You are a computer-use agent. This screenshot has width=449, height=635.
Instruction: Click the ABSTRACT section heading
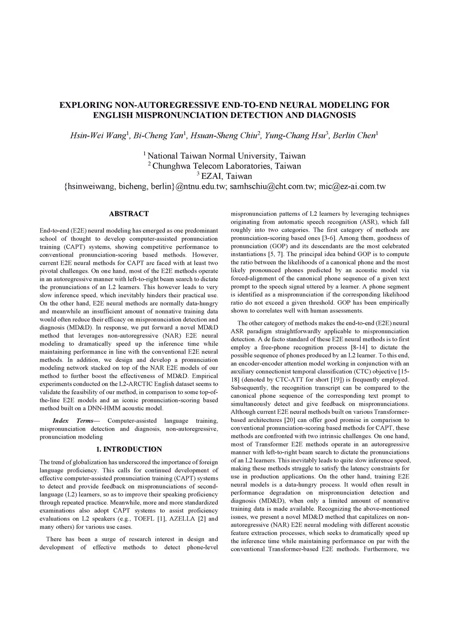128,214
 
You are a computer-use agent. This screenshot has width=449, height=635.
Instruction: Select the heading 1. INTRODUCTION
128,449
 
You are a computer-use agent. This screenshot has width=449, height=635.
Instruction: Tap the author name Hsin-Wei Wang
98,136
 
